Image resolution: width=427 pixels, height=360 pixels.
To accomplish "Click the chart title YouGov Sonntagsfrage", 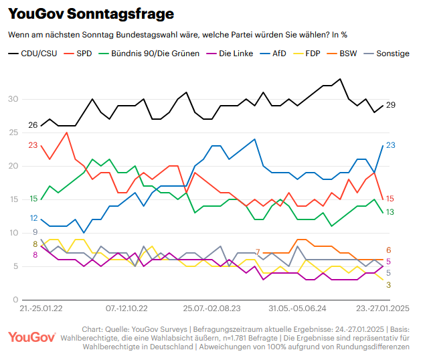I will point(91,14).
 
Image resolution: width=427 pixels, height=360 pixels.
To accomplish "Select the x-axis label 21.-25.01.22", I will point(41,309).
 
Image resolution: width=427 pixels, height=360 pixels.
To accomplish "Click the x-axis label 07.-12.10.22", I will point(126,309).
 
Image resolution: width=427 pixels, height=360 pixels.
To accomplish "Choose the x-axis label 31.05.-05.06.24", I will point(297,309).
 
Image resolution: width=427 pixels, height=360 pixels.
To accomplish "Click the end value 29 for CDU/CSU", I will point(391,105).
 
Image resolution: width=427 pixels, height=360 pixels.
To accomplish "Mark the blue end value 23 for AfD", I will point(391,145).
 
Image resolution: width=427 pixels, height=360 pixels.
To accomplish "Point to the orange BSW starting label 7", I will point(258,252).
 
